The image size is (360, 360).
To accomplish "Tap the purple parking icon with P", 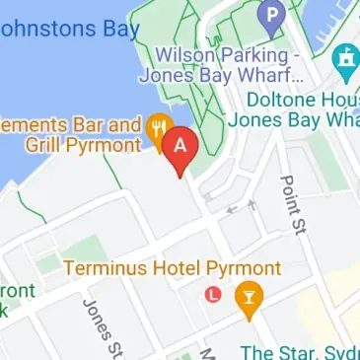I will coord(269,15).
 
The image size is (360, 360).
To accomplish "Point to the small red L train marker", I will coord(212,294).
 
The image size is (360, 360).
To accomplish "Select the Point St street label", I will coord(292,201).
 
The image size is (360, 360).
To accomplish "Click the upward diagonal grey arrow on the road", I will coord(253,204).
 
